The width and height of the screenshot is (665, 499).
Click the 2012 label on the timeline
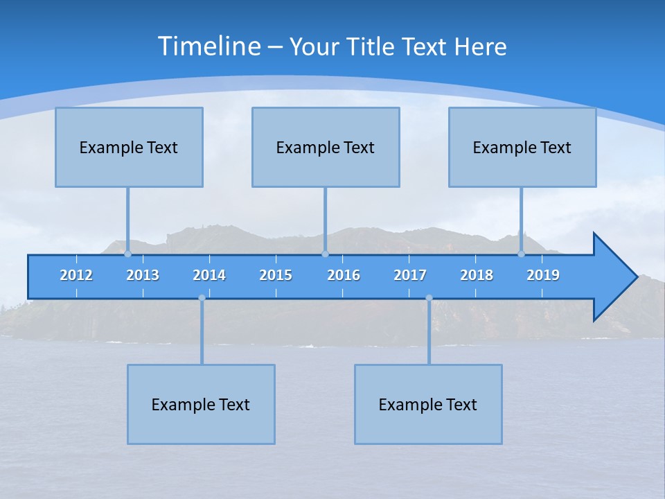[x=76, y=275]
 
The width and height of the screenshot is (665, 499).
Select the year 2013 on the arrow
[x=143, y=275]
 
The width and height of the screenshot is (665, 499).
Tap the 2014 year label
[x=209, y=275]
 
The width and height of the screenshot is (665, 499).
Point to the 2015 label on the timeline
[x=276, y=275]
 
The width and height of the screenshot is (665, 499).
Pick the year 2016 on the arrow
[x=344, y=275]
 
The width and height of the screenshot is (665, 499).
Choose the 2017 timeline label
[x=410, y=275]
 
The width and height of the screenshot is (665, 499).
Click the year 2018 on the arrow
[x=477, y=275]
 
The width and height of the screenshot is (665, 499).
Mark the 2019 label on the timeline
[x=543, y=275]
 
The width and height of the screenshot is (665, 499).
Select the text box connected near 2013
[x=129, y=147]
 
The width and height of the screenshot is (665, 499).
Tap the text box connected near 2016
[x=326, y=147]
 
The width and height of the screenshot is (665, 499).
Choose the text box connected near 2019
[x=522, y=147]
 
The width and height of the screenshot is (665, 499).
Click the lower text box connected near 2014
[x=201, y=404]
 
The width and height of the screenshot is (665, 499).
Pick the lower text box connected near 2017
[x=428, y=404]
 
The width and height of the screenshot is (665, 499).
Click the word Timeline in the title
[x=209, y=46]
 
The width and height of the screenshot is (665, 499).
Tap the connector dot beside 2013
[x=127, y=254]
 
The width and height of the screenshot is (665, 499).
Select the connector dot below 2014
[x=202, y=298]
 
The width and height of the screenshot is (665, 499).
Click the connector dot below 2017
[x=429, y=298]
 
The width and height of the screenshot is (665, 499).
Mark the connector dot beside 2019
[x=521, y=254]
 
